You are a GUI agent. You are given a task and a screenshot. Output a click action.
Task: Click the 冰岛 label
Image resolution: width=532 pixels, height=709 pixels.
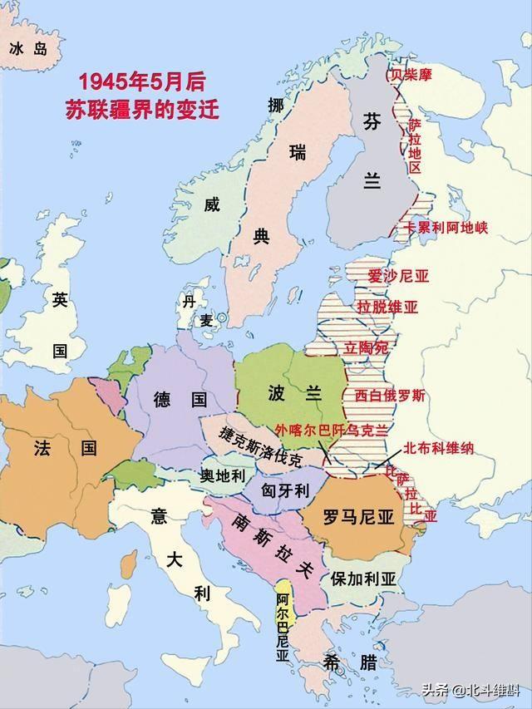27,49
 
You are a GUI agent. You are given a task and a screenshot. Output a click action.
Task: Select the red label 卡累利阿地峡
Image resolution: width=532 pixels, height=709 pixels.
446,227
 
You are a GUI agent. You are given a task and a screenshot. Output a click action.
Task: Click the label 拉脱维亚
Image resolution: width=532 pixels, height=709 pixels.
387,307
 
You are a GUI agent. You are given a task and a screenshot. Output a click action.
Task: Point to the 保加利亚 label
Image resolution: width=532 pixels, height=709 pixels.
362,579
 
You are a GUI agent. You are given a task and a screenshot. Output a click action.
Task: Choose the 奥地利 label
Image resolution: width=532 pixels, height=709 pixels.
223,475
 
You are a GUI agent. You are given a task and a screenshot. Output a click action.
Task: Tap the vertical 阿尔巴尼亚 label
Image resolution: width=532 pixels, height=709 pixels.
283,628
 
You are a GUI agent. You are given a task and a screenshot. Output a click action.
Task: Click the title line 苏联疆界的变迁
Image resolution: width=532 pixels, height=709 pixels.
142,109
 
